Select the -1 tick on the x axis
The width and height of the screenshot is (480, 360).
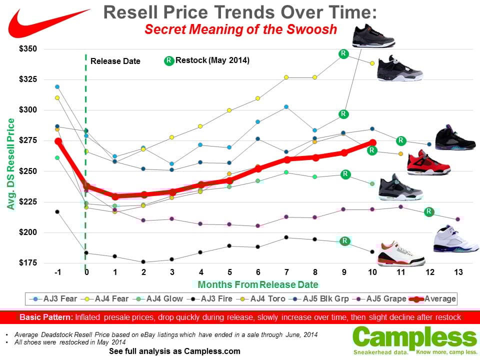pyautogui.click(x=58, y=273)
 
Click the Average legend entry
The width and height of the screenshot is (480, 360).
pyautogui.click(x=433, y=298)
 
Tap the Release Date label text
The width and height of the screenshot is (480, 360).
pyautogui.click(x=115, y=61)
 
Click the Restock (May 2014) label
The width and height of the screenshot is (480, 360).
pyautogui.click(x=212, y=60)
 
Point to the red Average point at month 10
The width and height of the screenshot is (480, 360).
pyautogui.click(x=372, y=142)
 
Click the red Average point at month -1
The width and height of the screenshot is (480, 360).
pyautogui.click(x=58, y=141)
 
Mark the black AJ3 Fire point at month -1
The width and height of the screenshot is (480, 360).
pyautogui.click(x=57, y=212)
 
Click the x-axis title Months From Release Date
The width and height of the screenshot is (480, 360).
pyautogui.click(x=258, y=284)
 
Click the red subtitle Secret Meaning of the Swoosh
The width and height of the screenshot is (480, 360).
pyautogui.click(x=240, y=29)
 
